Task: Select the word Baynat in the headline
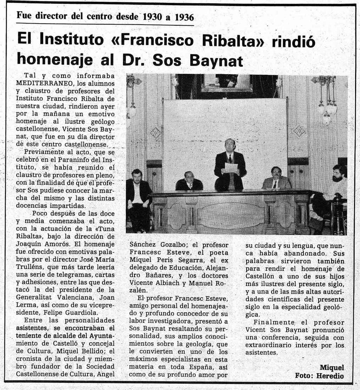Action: tap(216, 60)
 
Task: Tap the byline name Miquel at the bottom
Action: tap(332, 367)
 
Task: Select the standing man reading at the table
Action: tap(230, 165)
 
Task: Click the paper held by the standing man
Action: tap(231, 168)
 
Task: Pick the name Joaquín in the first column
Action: tap(29, 243)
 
